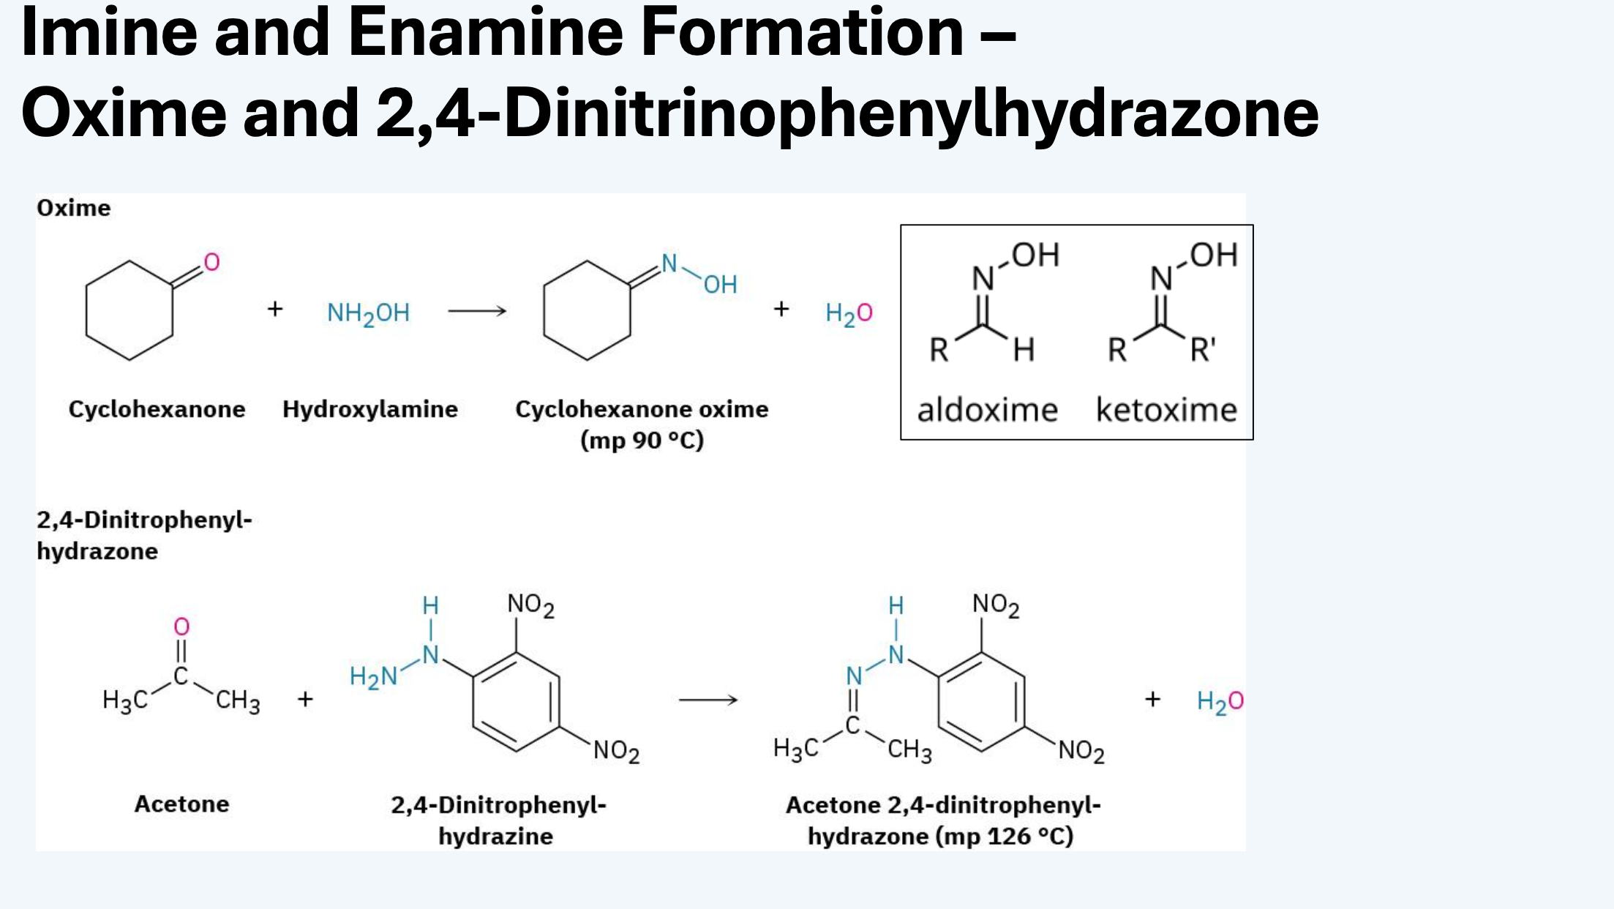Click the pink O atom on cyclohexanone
[x=211, y=262]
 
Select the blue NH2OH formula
[x=368, y=313]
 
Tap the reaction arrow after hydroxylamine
[x=477, y=311]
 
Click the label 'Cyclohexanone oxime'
[x=642, y=409]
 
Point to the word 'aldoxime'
[x=988, y=410]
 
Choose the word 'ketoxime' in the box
[x=1166, y=410]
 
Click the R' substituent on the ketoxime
[x=1203, y=350]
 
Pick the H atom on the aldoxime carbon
[x=1024, y=350]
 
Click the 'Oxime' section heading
[x=74, y=208]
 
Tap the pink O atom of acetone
[x=181, y=626]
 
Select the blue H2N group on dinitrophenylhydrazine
[x=373, y=677]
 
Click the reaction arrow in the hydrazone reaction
[x=708, y=700]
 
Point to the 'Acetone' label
[x=181, y=804]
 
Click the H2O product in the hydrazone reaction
[x=1220, y=701]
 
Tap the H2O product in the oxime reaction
[x=849, y=313]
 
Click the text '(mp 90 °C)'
[x=642, y=441]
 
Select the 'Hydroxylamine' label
[x=370, y=409]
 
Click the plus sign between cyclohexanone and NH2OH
[x=275, y=309]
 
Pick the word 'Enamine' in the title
[x=485, y=32]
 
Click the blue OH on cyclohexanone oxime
[x=721, y=285]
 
